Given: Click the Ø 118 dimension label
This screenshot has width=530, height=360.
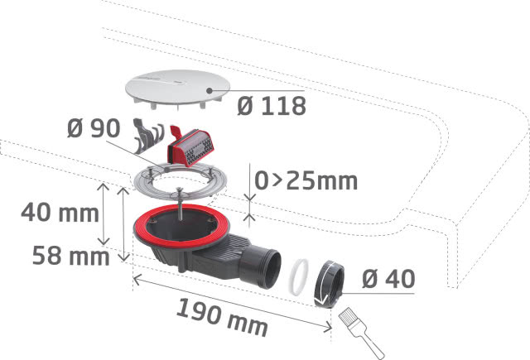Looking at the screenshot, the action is (272, 106).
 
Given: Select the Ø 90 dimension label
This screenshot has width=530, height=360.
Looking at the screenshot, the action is (94, 128).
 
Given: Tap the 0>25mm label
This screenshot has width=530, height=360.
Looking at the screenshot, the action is (306, 180).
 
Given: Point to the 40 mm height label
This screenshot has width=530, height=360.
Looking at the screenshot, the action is (60, 213).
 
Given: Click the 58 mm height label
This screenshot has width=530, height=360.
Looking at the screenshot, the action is (70, 256).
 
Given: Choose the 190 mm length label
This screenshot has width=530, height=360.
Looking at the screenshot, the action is (222, 318).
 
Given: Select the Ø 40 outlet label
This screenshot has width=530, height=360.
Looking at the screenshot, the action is (388, 279).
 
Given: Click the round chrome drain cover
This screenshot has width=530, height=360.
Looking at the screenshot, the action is (177, 89).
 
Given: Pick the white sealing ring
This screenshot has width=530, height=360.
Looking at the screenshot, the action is (299, 276).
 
